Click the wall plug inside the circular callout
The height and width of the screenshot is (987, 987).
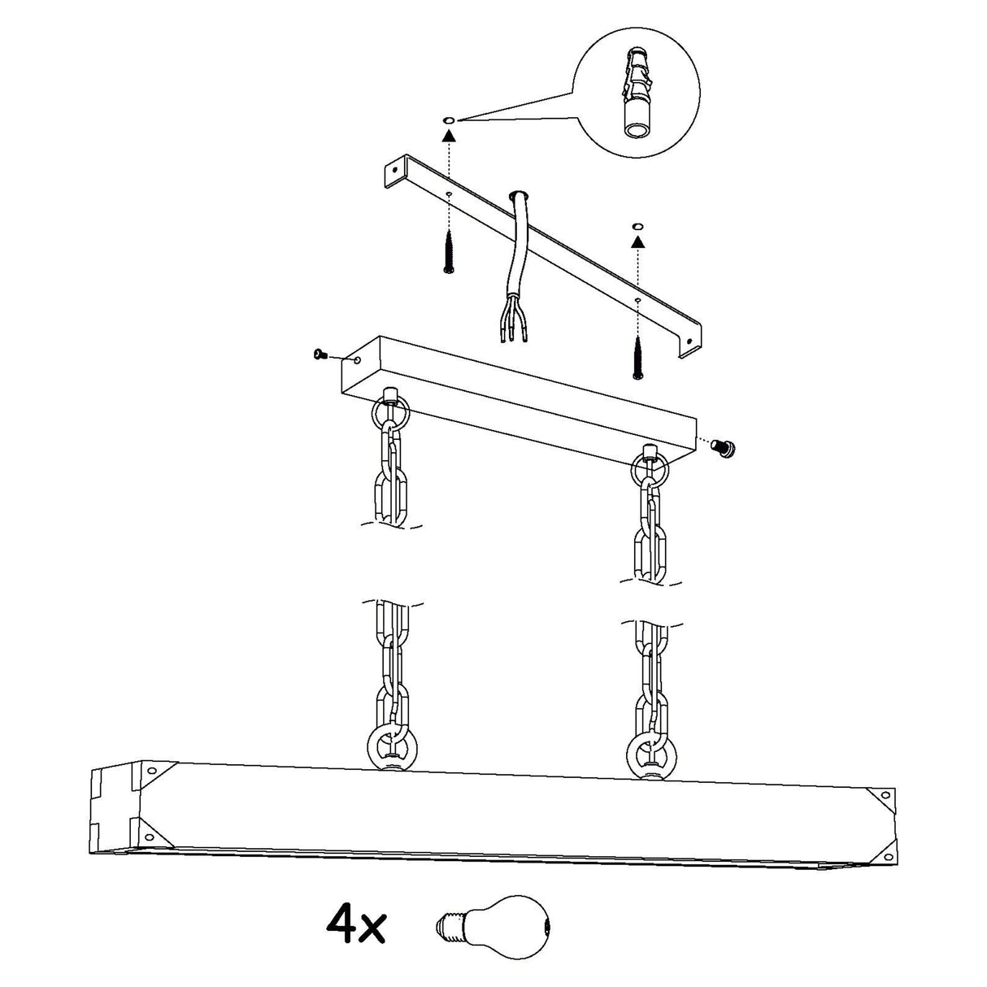tap(637, 93)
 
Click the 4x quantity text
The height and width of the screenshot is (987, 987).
tap(356, 924)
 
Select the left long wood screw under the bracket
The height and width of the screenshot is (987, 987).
tap(449, 252)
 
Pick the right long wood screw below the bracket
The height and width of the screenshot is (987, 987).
tap(637, 358)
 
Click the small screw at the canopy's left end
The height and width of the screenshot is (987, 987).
tap(320, 354)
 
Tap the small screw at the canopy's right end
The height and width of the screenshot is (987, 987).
tap(724, 447)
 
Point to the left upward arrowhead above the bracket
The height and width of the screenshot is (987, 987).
tap(449, 135)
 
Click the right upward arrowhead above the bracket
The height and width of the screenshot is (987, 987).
tap(637, 241)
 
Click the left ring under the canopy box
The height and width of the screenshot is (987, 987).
tap(390, 411)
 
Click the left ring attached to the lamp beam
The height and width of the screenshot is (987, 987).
tap(393, 750)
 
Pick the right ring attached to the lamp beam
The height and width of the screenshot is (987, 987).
tap(651, 756)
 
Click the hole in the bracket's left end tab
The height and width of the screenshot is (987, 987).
tap(394, 168)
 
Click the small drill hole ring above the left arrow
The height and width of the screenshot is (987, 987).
tap(449, 120)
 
